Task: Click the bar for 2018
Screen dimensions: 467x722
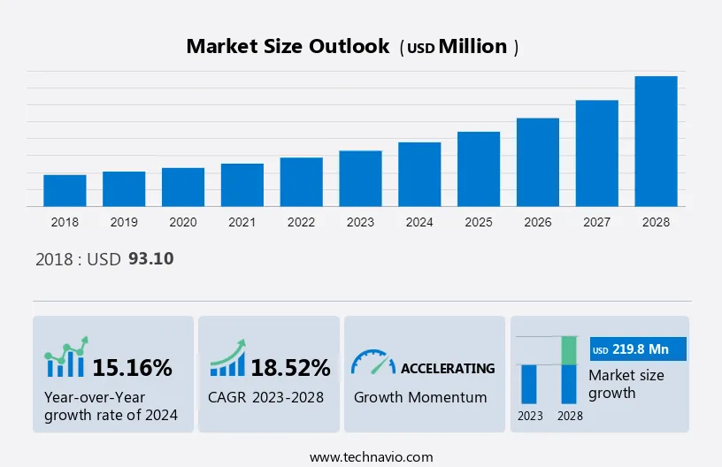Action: [x=65, y=190]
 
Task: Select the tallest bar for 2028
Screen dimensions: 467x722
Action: [x=656, y=142]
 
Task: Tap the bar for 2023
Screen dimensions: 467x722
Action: [x=360, y=179]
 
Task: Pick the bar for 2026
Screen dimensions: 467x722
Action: [x=538, y=162]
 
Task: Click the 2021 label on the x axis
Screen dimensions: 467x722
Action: [x=242, y=222]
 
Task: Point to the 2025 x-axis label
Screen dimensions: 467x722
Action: [x=479, y=222]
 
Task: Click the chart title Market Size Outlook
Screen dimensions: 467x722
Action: [x=288, y=47]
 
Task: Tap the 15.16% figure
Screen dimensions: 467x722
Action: [x=132, y=367]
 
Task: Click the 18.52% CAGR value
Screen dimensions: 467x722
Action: [x=290, y=367]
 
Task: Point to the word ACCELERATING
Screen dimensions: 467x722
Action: [x=448, y=368]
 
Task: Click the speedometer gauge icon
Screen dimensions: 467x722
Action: [x=373, y=362]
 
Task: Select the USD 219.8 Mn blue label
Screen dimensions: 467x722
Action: [x=637, y=349]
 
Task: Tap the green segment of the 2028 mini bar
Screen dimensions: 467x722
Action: [x=569, y=350]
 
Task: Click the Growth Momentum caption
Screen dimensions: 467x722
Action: [x=420, y=397]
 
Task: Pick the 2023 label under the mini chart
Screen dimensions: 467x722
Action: [x=529, y=415]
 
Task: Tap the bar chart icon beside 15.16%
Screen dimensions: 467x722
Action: [x=66, y=358]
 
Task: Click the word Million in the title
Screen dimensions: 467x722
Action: [x=473, y=47]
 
